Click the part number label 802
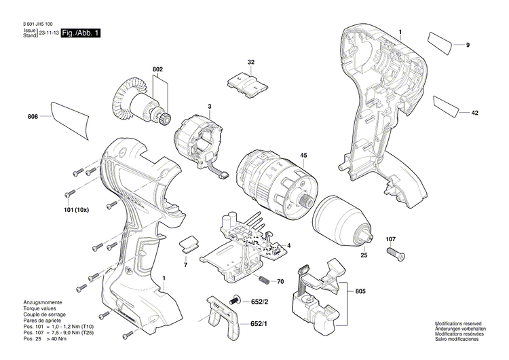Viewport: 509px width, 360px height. pos(157,69)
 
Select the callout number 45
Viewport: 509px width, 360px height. pos(304,155)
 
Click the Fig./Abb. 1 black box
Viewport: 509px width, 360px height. pos(80,33)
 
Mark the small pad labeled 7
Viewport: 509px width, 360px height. pos(188,242)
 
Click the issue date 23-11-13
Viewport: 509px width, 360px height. pos(48,33)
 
